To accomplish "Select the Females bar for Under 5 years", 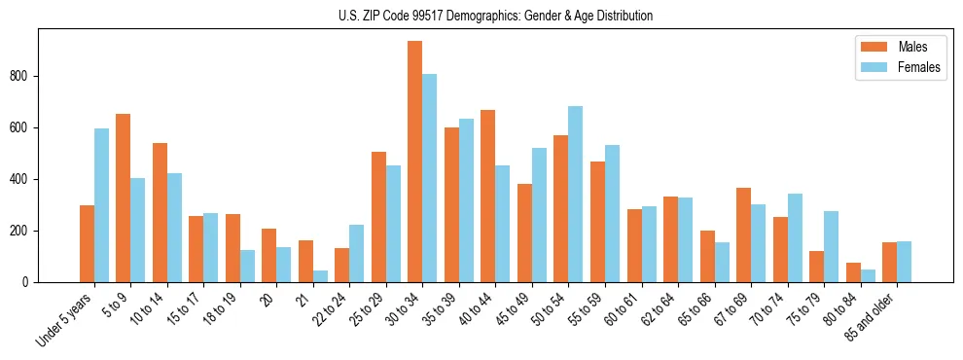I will coord(101,205).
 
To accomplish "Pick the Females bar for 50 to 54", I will coord(576,194).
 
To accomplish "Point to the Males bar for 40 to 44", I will coord(488,196).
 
